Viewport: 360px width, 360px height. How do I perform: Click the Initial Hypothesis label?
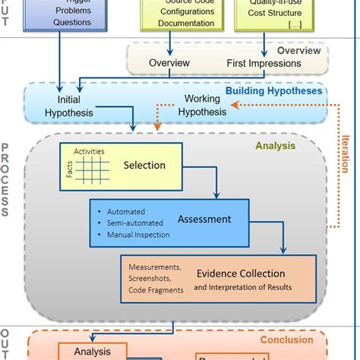pos(69,106)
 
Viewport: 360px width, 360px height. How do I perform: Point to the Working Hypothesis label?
pos(202,106)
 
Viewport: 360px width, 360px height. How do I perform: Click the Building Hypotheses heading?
pos(273,92)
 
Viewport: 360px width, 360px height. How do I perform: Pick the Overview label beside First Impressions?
pos(169,62)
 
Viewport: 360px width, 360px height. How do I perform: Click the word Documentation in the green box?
pos(186,23)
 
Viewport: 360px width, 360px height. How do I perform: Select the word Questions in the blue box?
pos(71,22)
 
